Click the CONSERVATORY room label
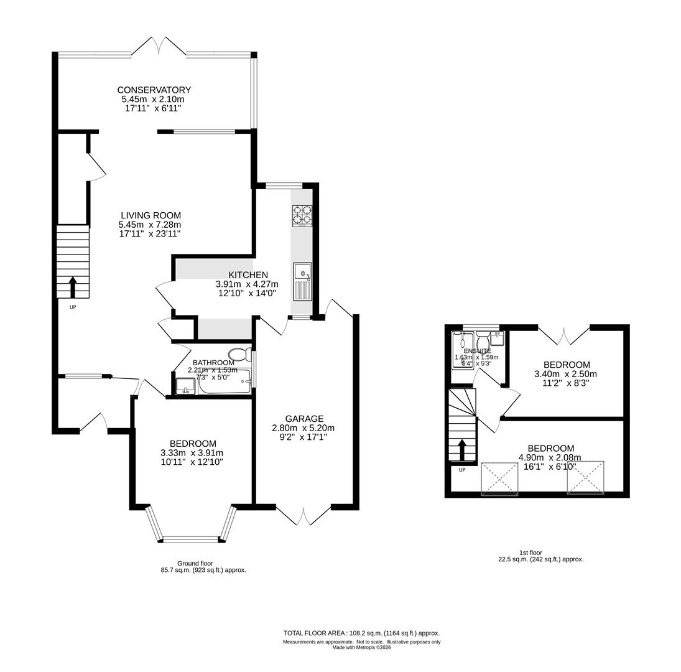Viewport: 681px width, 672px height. point(154,90)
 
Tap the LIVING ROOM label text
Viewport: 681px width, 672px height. point(151,215)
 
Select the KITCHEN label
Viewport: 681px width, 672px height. point(248,275)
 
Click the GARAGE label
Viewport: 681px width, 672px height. point(304,419)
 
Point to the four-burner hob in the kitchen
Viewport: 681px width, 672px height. point(302,215)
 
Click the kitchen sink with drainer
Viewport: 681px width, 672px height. point(302,282)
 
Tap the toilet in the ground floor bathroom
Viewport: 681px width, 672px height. point(241,355)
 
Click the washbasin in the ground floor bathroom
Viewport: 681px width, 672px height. point(185,387)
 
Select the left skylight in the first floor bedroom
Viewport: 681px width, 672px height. point(499,478)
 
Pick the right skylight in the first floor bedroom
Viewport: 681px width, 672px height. point(585,478)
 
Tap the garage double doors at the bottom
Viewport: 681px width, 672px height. point(303,516)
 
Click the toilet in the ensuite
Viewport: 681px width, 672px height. point(483,342)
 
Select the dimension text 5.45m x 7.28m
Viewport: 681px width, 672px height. point(150,225)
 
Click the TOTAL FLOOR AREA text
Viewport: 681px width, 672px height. point(361,633)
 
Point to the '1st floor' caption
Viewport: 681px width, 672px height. point(530,553)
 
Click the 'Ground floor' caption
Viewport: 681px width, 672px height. point(195,563)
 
